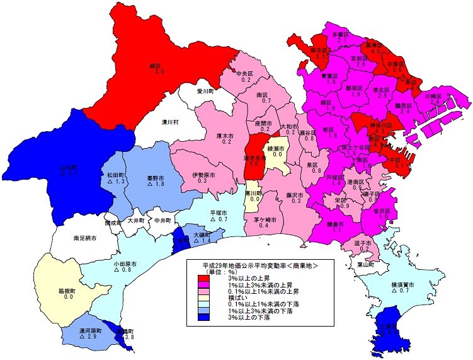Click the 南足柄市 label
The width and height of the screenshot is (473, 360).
pos(84,238)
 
